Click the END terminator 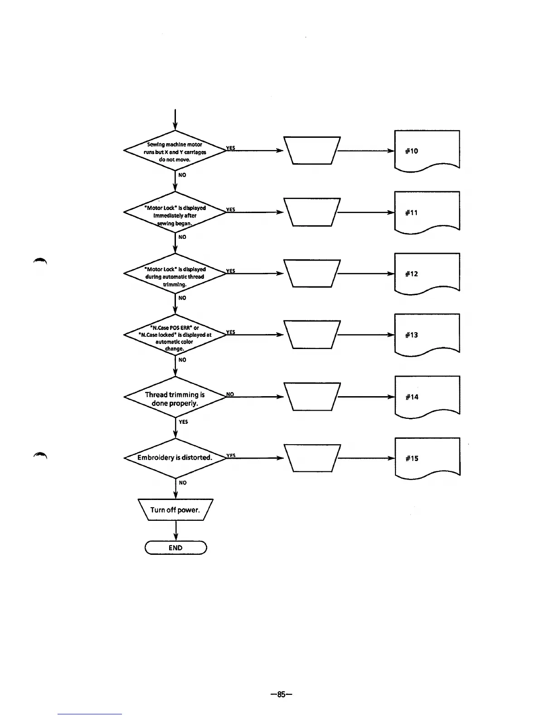point(175,548)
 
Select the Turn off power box point(175,510)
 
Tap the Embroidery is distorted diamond point(175,458)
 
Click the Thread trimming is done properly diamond point(175,398)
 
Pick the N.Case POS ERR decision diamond point(175,335)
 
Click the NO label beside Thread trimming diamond point(230,394)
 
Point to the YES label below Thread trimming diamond point(183,422)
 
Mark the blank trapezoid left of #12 point(312,273)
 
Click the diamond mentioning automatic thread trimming point(175,275)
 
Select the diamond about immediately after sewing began point(175,213)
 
